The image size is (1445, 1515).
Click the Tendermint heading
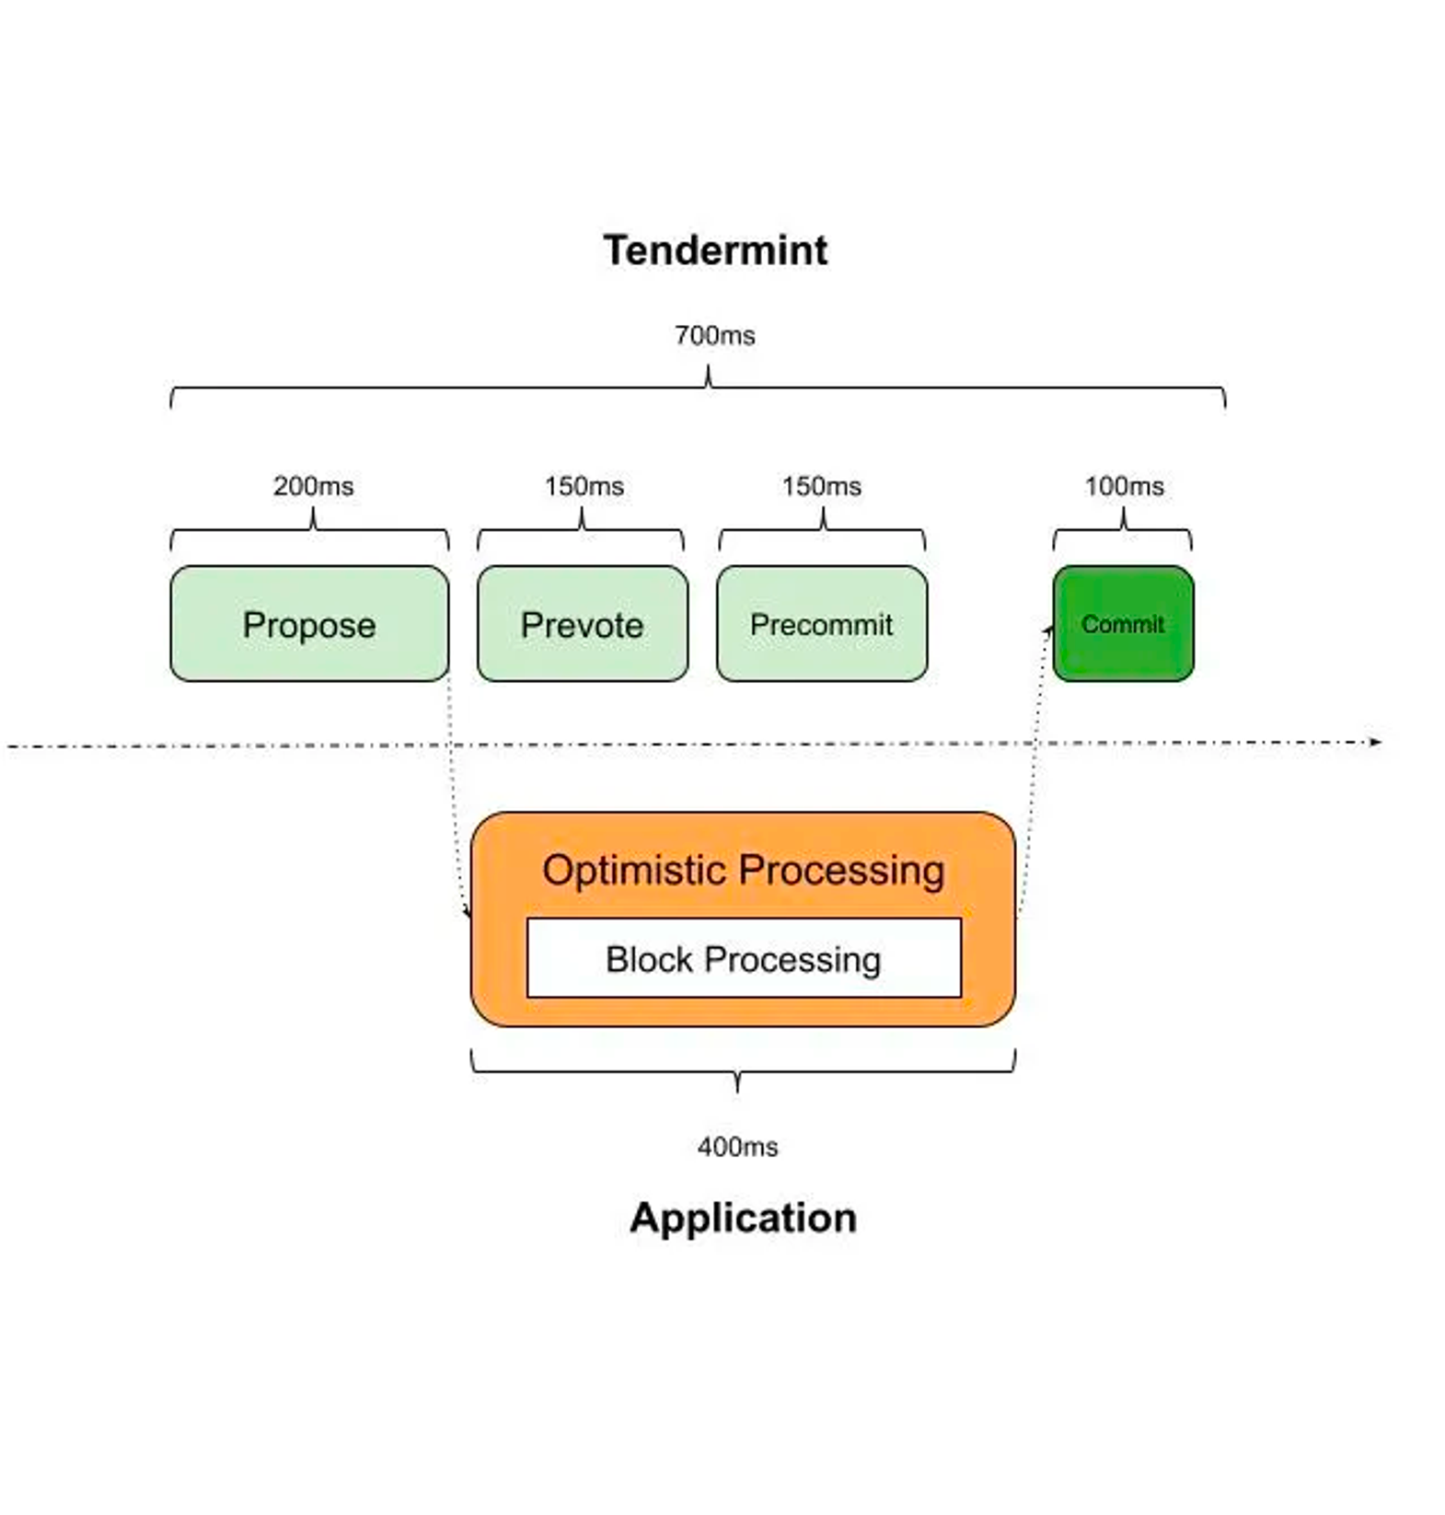tap(715, 250)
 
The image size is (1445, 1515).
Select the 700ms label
tap(714, 336)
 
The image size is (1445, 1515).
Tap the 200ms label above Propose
tap(313, 486)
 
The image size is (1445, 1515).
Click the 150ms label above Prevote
tap(584, 486)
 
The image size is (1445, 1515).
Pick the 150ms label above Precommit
tap(821, 486)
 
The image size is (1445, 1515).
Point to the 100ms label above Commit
tap(1124, 486)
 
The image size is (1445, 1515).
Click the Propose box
tap(309, 625)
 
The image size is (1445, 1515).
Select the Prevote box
tap(582, 625)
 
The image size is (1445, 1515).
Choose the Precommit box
tap(821, 625)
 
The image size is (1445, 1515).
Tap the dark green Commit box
tap(1123, 625)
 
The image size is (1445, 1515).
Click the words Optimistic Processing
tap(743, 870)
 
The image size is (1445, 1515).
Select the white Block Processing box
tap(743, 959)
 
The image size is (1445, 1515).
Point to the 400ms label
tap(737, 1147)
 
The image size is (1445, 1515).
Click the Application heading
tap(743, 1218)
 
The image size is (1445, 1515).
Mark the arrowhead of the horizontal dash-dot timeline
tap(1377, 742)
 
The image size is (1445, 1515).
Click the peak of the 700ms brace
tap(708, 368)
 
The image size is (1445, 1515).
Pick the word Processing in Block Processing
tap(792, 960)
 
